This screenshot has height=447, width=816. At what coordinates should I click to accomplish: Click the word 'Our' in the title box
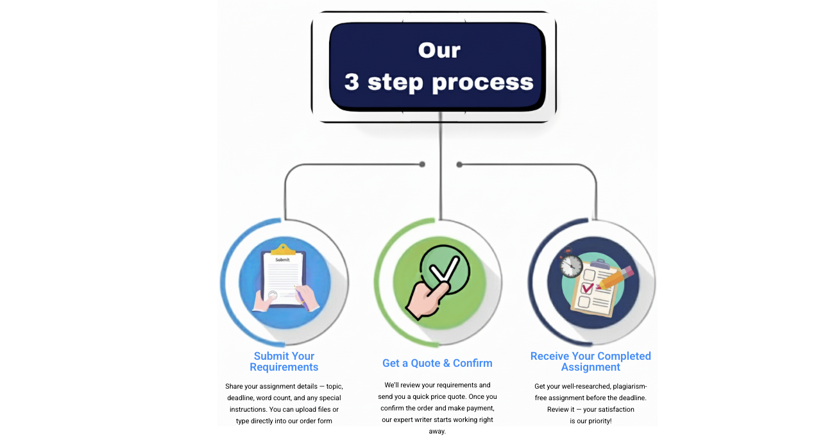coord(439,50)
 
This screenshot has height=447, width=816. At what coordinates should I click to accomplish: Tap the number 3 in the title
coord(352,81)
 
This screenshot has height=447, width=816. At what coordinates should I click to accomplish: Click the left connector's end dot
coord(422,164)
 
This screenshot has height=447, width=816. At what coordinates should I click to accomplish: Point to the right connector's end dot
coord(459,165)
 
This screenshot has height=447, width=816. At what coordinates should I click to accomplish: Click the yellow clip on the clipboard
coord(283,249)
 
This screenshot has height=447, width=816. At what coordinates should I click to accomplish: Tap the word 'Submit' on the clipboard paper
coord(282,260)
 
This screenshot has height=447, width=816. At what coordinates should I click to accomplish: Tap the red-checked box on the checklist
coord(587,288)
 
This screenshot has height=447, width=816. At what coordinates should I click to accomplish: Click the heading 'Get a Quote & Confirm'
coord(437,363)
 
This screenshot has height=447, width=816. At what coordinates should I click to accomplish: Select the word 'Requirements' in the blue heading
coord(284,367)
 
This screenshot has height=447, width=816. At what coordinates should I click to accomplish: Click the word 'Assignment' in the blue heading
coord(590,367)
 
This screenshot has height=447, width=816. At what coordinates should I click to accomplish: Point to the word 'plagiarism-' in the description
coord(630,386)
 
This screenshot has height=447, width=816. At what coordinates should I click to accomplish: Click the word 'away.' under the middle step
coord(437,432)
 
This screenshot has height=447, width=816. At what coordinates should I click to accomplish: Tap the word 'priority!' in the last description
coord(600,421)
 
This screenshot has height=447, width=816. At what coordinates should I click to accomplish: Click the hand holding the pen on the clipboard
coord(307,297)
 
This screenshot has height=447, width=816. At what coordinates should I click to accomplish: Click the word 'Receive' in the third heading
coord(549,356)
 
